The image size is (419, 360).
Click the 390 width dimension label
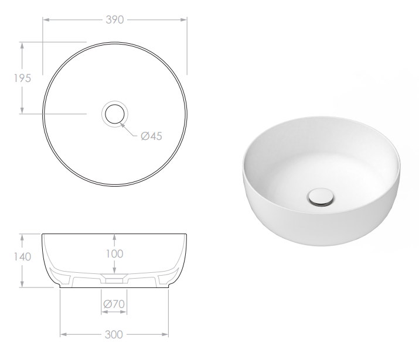pos(114,19)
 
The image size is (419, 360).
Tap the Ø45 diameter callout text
pos(151,136)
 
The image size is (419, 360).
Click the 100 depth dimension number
pos(115,253)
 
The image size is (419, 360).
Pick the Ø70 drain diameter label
pos(114,304)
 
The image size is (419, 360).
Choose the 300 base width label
pos(114,335)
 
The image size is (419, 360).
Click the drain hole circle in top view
pos(115,112)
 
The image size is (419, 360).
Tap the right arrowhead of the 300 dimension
pos(166,335)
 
